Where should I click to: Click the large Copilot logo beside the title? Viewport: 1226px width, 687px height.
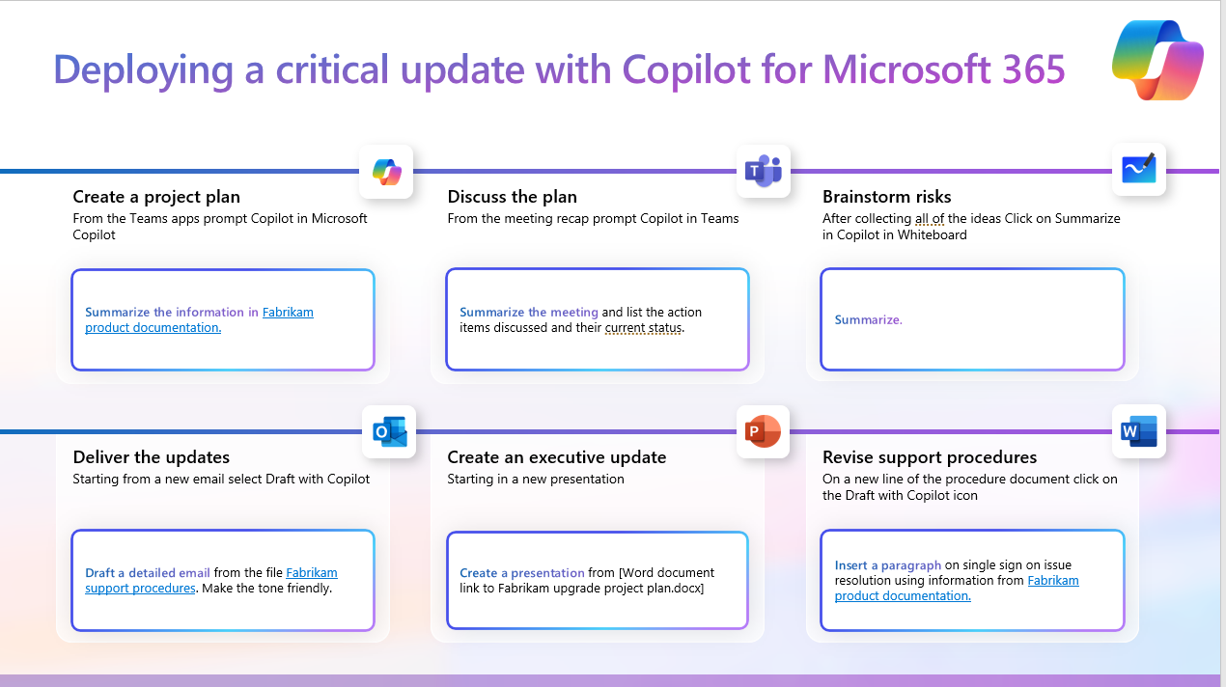[1157, 60]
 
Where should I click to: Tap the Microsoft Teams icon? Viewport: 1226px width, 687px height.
[764, 171]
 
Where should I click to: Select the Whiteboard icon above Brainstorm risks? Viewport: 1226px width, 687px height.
[1139, 169]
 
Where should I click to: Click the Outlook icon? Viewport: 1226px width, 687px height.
[389, 431]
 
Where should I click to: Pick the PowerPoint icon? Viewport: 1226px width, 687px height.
[763, 431]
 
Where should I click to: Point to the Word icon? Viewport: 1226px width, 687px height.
[1139, 431]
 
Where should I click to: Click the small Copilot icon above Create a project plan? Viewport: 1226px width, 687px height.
[387, 172]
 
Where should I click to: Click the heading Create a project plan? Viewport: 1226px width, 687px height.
[156, 197]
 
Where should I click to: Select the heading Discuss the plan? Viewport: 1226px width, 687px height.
[513, 197]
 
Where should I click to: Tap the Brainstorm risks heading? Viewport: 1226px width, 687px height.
[886, 197]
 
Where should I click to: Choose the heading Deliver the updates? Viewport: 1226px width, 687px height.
[151, 456]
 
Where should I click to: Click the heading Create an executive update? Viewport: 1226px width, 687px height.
[557, 456]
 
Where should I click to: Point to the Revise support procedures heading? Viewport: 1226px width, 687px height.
[930, 456]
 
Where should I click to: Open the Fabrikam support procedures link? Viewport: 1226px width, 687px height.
[211, 580]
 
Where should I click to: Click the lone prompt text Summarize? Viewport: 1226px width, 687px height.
[868, 319]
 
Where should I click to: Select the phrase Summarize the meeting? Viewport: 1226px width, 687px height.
[529, 312]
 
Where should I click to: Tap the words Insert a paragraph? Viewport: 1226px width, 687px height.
[888, 565]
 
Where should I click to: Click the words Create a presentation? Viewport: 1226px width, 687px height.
[522, 573]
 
